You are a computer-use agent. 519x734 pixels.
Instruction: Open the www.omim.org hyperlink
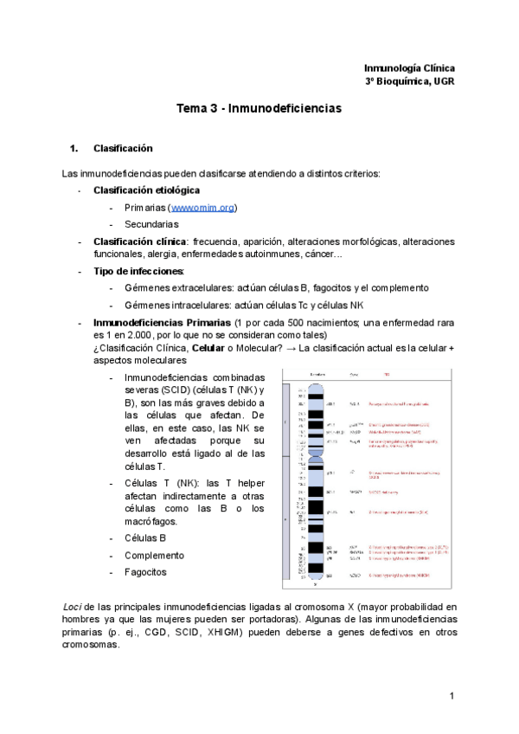click(x=204, y=208)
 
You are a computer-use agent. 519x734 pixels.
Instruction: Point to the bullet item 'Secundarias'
click(x=151, y=224)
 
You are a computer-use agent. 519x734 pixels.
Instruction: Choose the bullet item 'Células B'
click(x=145, y=538)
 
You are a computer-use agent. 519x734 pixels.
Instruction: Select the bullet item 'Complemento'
click(x=154, y=555)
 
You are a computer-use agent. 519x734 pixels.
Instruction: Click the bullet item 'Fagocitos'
click(x=146, y=572)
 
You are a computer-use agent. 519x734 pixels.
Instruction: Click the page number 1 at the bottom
click(x=452, y=696)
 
